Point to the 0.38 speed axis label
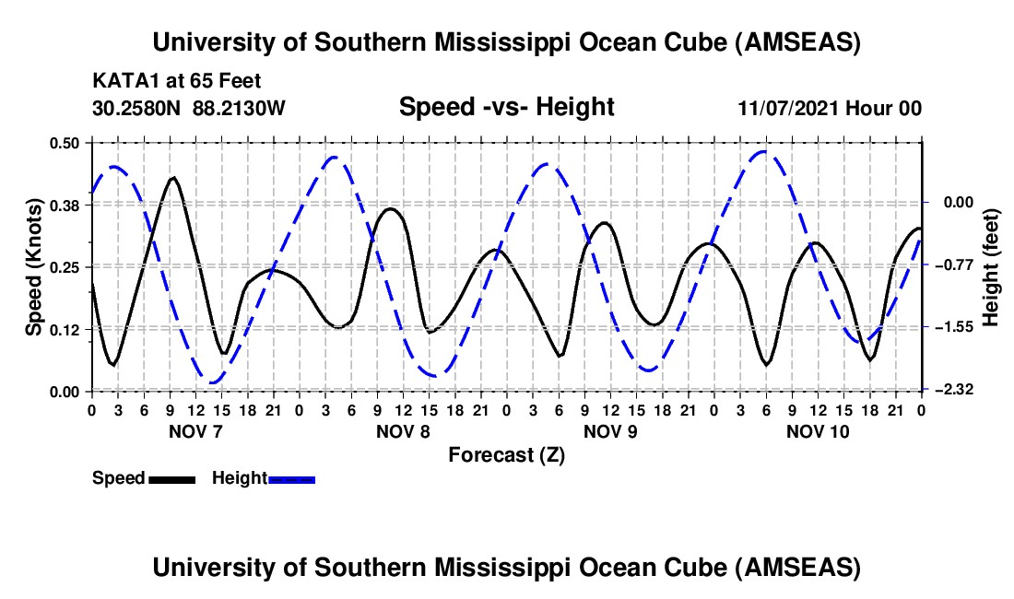point(66,205)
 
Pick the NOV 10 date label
point(817,431)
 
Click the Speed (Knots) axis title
point(34,267)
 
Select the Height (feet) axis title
point(991,267)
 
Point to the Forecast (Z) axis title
point(506,454)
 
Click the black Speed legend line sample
point(171,478)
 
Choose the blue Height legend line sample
point(291,478)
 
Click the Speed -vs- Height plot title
point(506,107)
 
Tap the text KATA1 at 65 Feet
point(163,81)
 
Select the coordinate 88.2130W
point(240,108)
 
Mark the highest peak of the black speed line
point(172,177)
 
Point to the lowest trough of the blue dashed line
point(213,382)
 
